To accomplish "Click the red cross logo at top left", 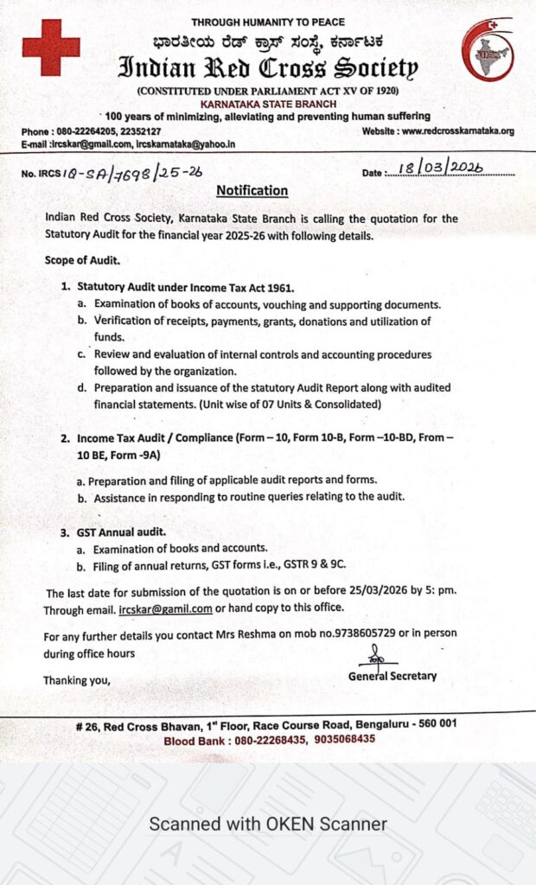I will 50,48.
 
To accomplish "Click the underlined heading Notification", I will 252,190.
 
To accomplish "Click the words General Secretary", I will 392,676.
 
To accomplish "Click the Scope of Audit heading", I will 82,260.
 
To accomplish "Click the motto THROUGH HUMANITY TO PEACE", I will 267,22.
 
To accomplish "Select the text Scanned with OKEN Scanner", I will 268,824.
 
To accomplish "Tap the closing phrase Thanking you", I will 77,680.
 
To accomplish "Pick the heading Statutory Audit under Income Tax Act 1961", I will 186,286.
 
